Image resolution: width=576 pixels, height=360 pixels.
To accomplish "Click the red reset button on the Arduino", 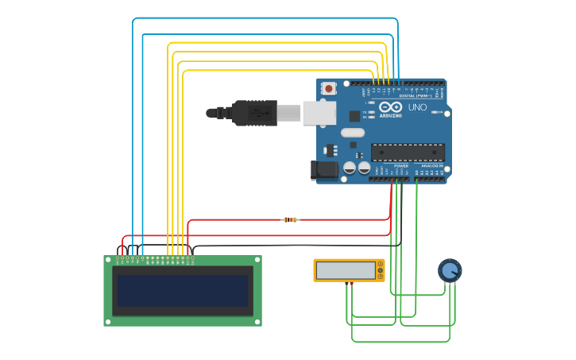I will [328, 88].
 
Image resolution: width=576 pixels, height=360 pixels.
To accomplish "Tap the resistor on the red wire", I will [291, 219].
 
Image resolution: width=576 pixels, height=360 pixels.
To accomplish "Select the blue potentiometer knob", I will [450, 271].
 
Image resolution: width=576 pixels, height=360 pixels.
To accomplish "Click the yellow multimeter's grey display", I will [346, 270].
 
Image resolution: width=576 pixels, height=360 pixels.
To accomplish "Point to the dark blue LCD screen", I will [183, 291].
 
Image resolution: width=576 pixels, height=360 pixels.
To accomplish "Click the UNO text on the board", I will [417, 107].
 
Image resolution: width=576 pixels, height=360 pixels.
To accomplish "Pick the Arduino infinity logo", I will [390, 107].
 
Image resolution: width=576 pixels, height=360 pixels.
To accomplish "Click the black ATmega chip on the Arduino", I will [407, 152].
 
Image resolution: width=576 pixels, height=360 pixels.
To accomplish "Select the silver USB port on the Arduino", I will [319, 113].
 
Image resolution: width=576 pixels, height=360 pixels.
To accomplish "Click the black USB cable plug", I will [254, 113].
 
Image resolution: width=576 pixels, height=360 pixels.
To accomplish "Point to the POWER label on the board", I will [401, 166].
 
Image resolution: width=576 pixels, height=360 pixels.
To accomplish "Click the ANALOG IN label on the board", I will [433, 166].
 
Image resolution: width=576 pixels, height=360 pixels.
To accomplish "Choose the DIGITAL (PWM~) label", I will [421, 95].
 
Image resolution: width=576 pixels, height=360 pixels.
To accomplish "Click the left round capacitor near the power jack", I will [349, 168].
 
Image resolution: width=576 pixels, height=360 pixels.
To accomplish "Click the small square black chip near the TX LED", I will [354, 116].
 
